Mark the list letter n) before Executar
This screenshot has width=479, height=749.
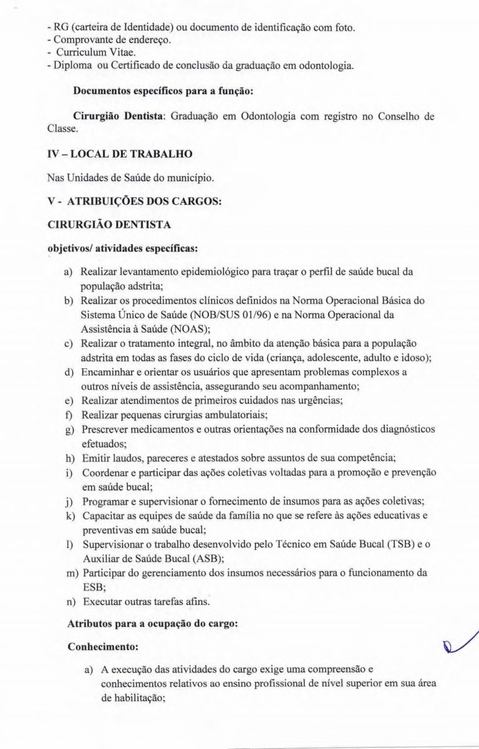click(69, 602)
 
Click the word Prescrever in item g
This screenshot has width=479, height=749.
click(107, 430)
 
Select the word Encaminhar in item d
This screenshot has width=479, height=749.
click(109, 373)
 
